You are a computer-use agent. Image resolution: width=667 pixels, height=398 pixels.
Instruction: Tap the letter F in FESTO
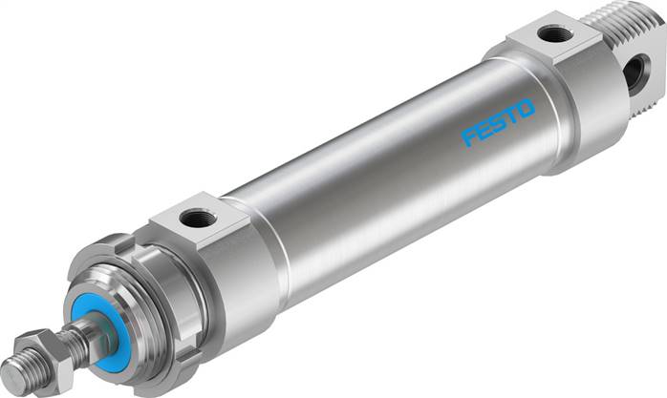coord(470,138)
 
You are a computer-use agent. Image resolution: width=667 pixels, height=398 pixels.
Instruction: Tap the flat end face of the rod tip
coord(9,375)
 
